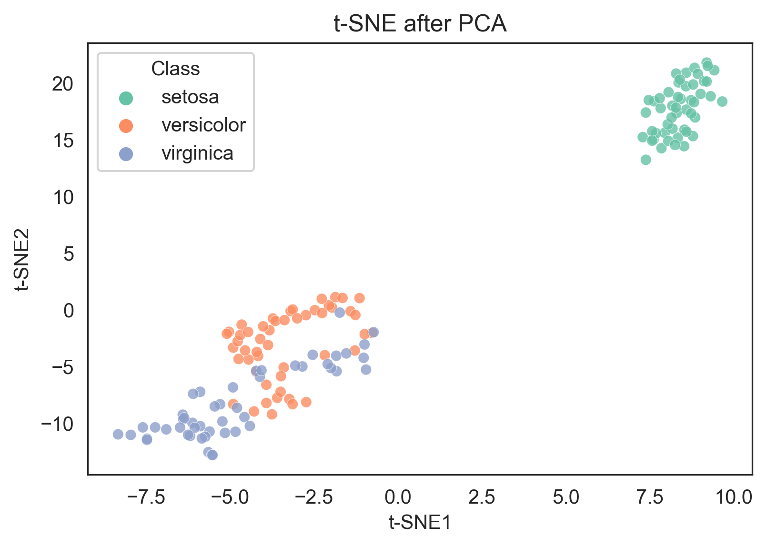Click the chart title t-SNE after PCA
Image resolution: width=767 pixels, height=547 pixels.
tap(420, 24)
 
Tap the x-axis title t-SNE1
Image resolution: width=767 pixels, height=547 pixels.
tap(420, 523)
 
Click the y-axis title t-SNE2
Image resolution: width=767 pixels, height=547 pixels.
tap(22, 259)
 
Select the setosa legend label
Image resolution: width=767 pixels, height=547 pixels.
tap(190, 97)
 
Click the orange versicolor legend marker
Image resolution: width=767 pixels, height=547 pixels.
tap(126, 126)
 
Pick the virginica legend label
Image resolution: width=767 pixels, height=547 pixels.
tap(197, 153)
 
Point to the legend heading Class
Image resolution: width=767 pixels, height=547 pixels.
tap(175, 69)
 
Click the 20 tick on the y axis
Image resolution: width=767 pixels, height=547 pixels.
tap(63, 84)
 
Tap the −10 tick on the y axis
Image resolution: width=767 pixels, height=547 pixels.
tap(58, 424)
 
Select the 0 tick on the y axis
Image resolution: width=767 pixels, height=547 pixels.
tap(69, 311)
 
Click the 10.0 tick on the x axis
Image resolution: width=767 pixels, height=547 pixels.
tap(734, 497)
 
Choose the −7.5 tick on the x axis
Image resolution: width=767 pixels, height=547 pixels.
tap(146, 497)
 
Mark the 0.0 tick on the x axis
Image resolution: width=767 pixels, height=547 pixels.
tap(398, 497)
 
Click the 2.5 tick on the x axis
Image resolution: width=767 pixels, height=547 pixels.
tap(482, 497)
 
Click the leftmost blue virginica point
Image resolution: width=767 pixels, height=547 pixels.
tap(118, 434)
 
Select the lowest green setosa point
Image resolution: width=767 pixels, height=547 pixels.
tap(646, 160)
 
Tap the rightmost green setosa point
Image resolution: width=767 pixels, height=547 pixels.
tap(722, 101)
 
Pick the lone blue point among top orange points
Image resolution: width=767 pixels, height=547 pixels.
tap(340, 313)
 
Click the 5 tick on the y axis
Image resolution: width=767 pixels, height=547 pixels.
tap(69, 254)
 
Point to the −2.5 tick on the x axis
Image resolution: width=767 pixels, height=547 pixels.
tap(314, 497)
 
